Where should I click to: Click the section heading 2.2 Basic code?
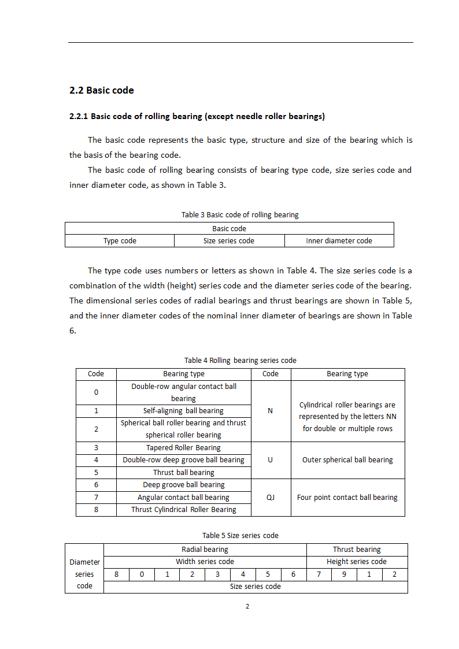tap(102, 90)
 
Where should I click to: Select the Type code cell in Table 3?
tap(120, 241)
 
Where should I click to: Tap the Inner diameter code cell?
tap(339, 241)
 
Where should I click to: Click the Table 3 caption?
tap(240, 215)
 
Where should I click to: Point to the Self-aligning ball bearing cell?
tap(183, 411)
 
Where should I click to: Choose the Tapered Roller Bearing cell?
tap(183, 448)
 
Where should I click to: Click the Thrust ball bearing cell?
tap(183, 473)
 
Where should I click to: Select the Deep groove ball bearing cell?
tap(183, 485)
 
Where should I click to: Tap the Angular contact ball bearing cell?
tap(183, 498)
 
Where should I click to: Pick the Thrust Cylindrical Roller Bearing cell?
tap(183, 510)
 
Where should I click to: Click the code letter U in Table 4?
tap(271, 460)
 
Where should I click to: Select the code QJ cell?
tap(271, 498)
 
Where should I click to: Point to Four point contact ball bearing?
tap(347, 498)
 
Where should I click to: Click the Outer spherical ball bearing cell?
tap(347, 460)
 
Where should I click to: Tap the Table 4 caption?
tap(240, 361)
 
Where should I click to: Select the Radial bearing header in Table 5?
tap(205, 550)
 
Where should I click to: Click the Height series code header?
tap(357, 562)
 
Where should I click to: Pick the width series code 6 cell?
tap(294, 574)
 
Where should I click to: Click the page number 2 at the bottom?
tap(247, 606)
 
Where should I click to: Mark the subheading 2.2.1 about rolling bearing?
tap(197, 117)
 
